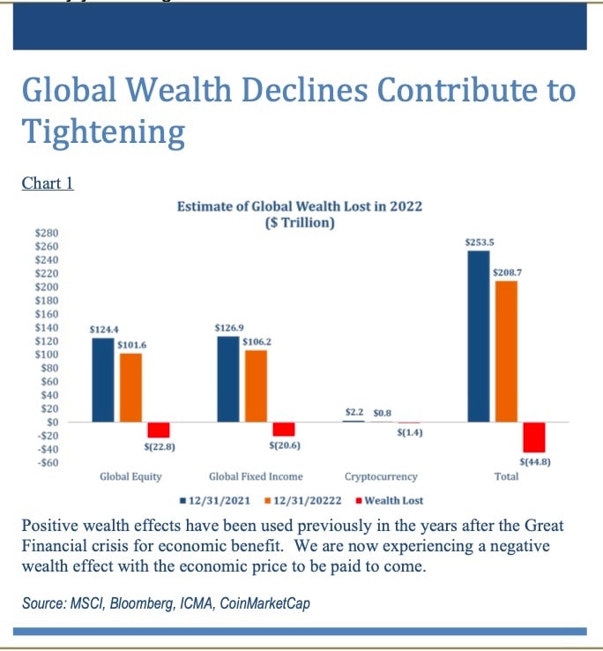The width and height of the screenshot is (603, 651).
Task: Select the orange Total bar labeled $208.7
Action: tap(506, 351)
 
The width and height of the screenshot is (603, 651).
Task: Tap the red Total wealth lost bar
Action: tap(533, 437)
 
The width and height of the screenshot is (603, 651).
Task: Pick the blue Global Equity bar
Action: tap(102, 379)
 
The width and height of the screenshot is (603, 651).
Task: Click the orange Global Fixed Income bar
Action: tap(256, 385)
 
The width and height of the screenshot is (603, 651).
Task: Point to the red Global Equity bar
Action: tap(159, 430)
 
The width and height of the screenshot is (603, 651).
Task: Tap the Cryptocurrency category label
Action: tap(381, 476)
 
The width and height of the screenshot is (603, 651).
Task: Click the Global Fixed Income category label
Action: tap(255, 476)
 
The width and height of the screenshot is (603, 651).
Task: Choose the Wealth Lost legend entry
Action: tap(391, 500)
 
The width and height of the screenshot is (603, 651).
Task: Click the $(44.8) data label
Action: tap(534, 461)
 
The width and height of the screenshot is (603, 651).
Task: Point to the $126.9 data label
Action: tap(228, 327)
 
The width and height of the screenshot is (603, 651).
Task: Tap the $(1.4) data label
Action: tap(409, 433)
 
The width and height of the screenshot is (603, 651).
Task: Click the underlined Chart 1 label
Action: tap(47, 183)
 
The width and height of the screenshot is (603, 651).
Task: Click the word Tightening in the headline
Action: tap(103, 132)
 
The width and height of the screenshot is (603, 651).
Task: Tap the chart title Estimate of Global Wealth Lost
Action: tap(300, 206)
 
